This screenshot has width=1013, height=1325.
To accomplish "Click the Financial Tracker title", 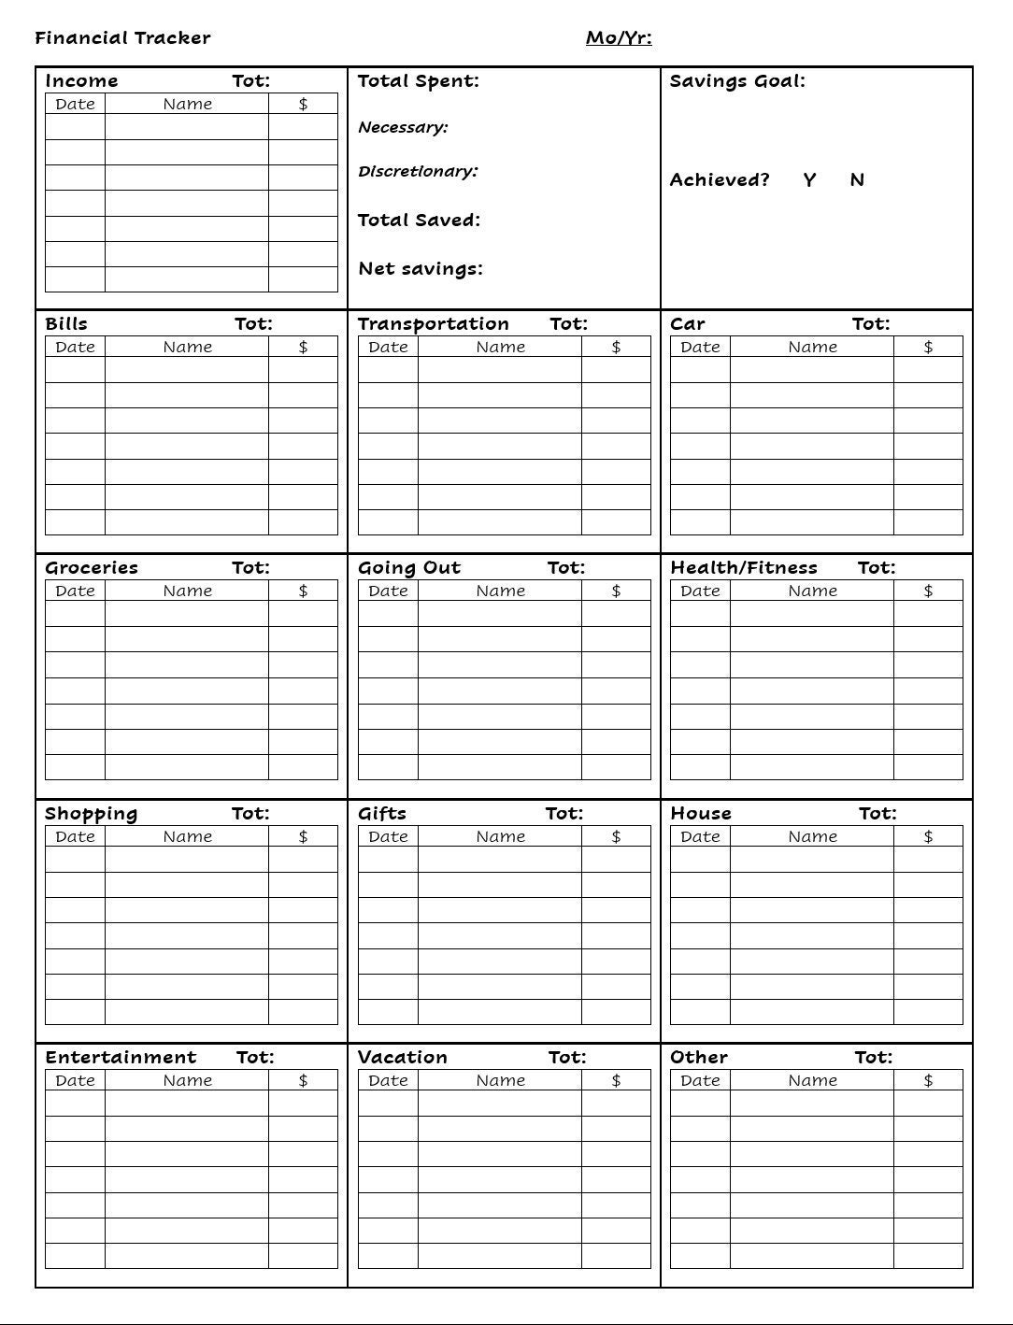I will [x=122, y=38].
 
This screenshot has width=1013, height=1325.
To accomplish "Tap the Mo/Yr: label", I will [x=619, y=38].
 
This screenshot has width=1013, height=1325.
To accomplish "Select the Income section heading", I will [x=81, y=81].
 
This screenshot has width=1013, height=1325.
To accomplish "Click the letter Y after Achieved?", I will [x=809, y=180].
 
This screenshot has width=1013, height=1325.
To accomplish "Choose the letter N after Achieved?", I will [x=857, y=180].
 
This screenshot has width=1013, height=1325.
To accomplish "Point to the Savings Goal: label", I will [x=737, y=81].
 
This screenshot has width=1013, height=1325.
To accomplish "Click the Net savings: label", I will [x=421, y=269].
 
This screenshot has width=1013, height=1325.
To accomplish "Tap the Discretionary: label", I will [x=418, y=172].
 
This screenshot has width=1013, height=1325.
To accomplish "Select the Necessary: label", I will [x=403, y=127].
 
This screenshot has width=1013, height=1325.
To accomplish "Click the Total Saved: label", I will [x=419, y=221].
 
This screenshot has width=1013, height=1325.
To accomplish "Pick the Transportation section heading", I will [x=434, y=324].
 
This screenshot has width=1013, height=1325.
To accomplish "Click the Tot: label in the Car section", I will [x=871, y=324].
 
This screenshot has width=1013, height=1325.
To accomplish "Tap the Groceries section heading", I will [x=92, y=568].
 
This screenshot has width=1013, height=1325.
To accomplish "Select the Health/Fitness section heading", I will [x=744, y=568].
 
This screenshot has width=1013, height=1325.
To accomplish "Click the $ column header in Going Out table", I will [x=616, y=591].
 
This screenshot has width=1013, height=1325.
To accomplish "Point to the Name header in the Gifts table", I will [x=500, y=836].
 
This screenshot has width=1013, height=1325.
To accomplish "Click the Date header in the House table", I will [x=700, y=836].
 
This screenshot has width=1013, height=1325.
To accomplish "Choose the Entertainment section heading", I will [x=121, y=1058].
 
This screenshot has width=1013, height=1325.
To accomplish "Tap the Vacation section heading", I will [x=403, y=1058].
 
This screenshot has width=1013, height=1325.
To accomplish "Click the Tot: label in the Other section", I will [x=874, y=1058].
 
